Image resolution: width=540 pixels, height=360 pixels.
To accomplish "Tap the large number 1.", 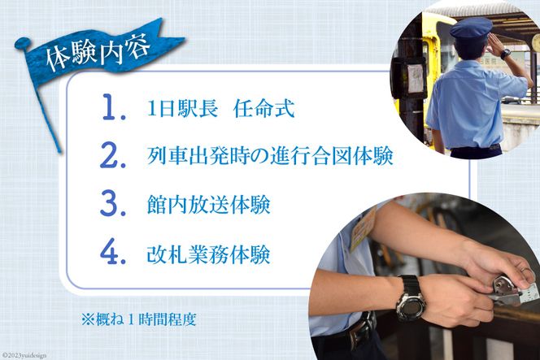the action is pos(113,107).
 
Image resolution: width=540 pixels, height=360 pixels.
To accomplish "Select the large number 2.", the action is pos(112,155).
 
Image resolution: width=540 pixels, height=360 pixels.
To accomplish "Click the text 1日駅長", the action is pos(182,109).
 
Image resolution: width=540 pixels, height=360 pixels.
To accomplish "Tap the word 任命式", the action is pos(263,109).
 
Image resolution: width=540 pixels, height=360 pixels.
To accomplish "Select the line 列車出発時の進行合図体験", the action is pos(270,156).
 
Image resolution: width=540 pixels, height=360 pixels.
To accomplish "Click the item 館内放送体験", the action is pos(209,205).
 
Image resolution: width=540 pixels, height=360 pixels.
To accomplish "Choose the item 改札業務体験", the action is pos(209,254).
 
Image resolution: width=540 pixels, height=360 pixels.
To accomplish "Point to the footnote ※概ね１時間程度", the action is pos(139,319).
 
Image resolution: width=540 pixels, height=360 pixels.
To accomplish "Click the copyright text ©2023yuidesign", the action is pos(24,355).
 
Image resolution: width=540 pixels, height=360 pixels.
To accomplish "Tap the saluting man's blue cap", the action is pos(471,28).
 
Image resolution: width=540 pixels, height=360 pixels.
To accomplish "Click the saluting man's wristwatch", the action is pos(506,54).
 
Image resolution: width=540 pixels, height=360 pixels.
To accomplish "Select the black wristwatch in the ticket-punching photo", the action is pos(411,298).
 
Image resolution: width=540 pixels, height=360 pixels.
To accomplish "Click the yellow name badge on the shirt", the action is pos(364,228).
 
